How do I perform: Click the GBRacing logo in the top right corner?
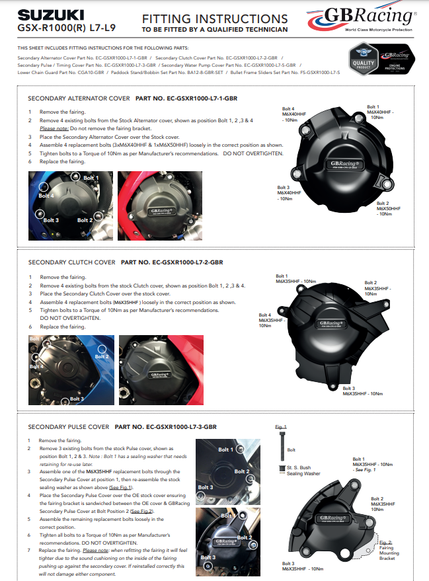(363, 18)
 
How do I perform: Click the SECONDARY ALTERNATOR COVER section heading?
(79, 98)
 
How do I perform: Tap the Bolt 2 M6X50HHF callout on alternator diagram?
(388, 209)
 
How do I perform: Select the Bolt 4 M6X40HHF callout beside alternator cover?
(294, 114)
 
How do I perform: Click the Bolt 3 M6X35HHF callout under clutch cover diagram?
(362, 391)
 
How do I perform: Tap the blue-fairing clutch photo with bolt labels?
(69, 370)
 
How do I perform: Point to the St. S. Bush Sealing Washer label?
(303, 471)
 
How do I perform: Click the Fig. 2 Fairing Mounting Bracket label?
(388, 549)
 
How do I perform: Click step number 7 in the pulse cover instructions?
(29, 551)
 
